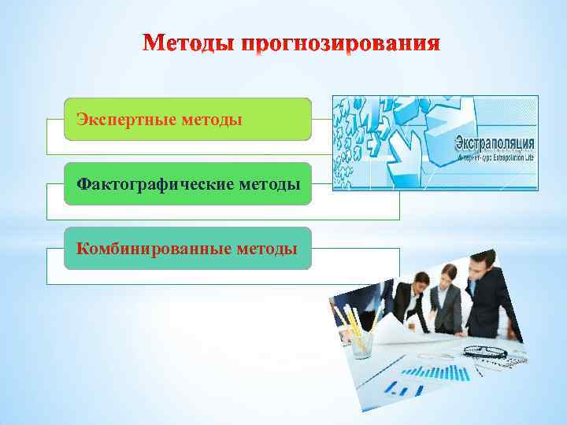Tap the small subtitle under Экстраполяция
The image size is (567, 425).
(495, 157)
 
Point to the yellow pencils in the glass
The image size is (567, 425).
(348, 319)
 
